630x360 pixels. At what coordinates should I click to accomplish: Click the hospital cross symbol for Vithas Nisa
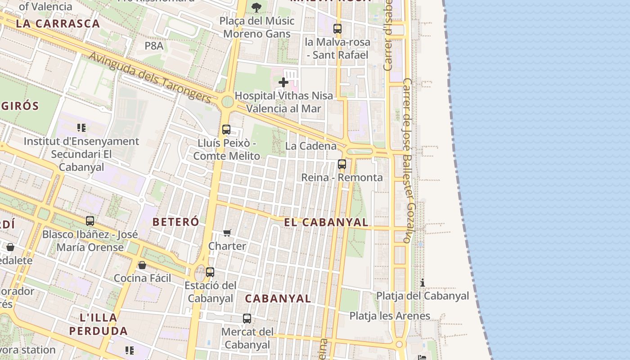click(283, 82)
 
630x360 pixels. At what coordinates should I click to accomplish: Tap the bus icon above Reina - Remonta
click(342, 164)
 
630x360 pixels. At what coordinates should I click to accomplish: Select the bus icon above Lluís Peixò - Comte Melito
click(226, 130)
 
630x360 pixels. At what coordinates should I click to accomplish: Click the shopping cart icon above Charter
click(227, 233)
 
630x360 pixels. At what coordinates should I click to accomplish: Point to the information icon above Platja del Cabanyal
click(423, 283)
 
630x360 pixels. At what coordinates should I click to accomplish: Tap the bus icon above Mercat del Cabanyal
click(247, 319)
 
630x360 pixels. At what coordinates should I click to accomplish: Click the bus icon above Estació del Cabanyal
click(210, 272)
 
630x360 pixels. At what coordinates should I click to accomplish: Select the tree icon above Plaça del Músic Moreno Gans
click(256, 7)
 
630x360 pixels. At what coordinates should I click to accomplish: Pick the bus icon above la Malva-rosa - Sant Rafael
click(337, 29)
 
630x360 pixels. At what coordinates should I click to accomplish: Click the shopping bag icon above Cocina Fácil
click(142, 265)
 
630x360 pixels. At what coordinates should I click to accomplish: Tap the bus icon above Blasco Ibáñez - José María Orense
click(90, 221)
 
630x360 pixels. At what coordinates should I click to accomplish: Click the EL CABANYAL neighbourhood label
click(326, 222)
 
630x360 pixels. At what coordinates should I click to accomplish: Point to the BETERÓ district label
click(175, 222)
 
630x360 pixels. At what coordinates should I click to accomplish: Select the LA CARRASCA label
click(58, 24)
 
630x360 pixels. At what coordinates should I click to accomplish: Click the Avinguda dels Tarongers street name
click(150, 77)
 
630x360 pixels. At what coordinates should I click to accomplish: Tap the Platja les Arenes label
click(390, 316)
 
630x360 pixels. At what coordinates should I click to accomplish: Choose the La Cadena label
click(311, 146)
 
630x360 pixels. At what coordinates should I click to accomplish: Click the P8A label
click(154, 45)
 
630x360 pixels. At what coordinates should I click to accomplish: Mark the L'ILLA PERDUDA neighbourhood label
click(98, 324)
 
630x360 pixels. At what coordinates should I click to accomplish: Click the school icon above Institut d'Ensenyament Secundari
click(81, 128)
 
